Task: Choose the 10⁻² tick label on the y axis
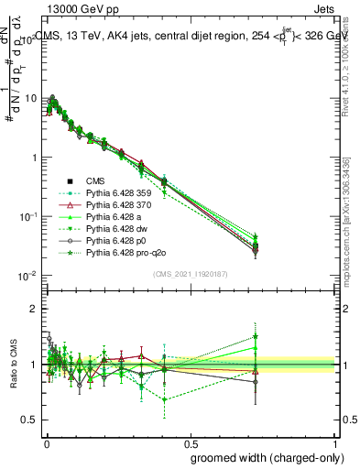(x=27, y=276)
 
